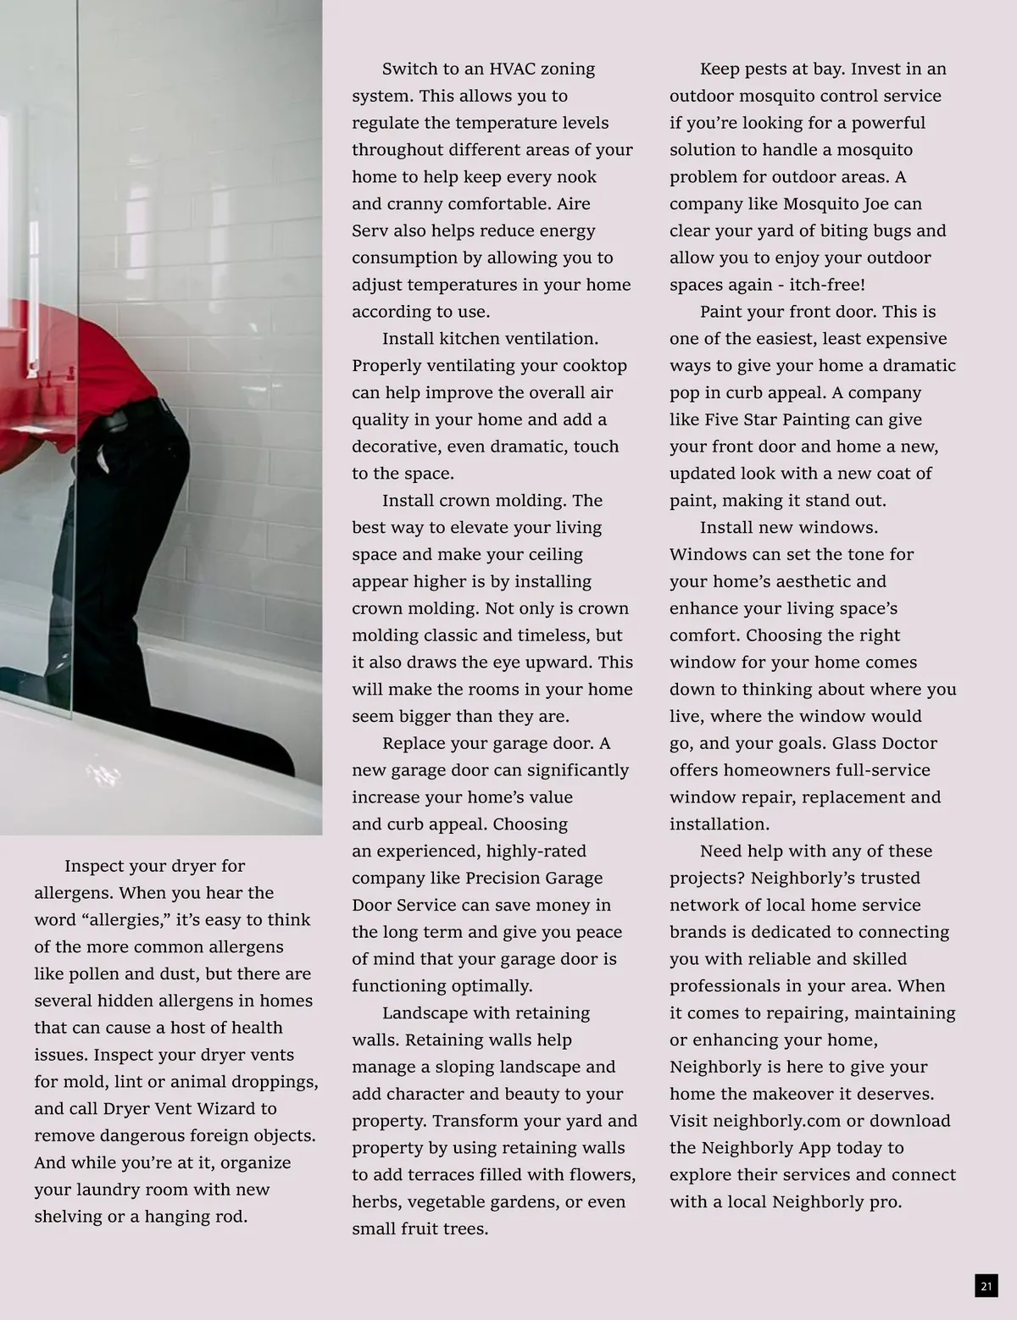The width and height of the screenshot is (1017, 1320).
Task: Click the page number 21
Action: click(x=986, y=1286)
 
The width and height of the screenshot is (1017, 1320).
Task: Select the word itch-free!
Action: click(x=826, y=285)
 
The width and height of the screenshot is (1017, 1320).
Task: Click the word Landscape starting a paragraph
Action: click(x=424, y=1013)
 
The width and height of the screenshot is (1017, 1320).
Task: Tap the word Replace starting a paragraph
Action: click(x=413, y=743)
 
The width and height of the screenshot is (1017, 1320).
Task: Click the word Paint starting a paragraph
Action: click(x=723, y=312)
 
